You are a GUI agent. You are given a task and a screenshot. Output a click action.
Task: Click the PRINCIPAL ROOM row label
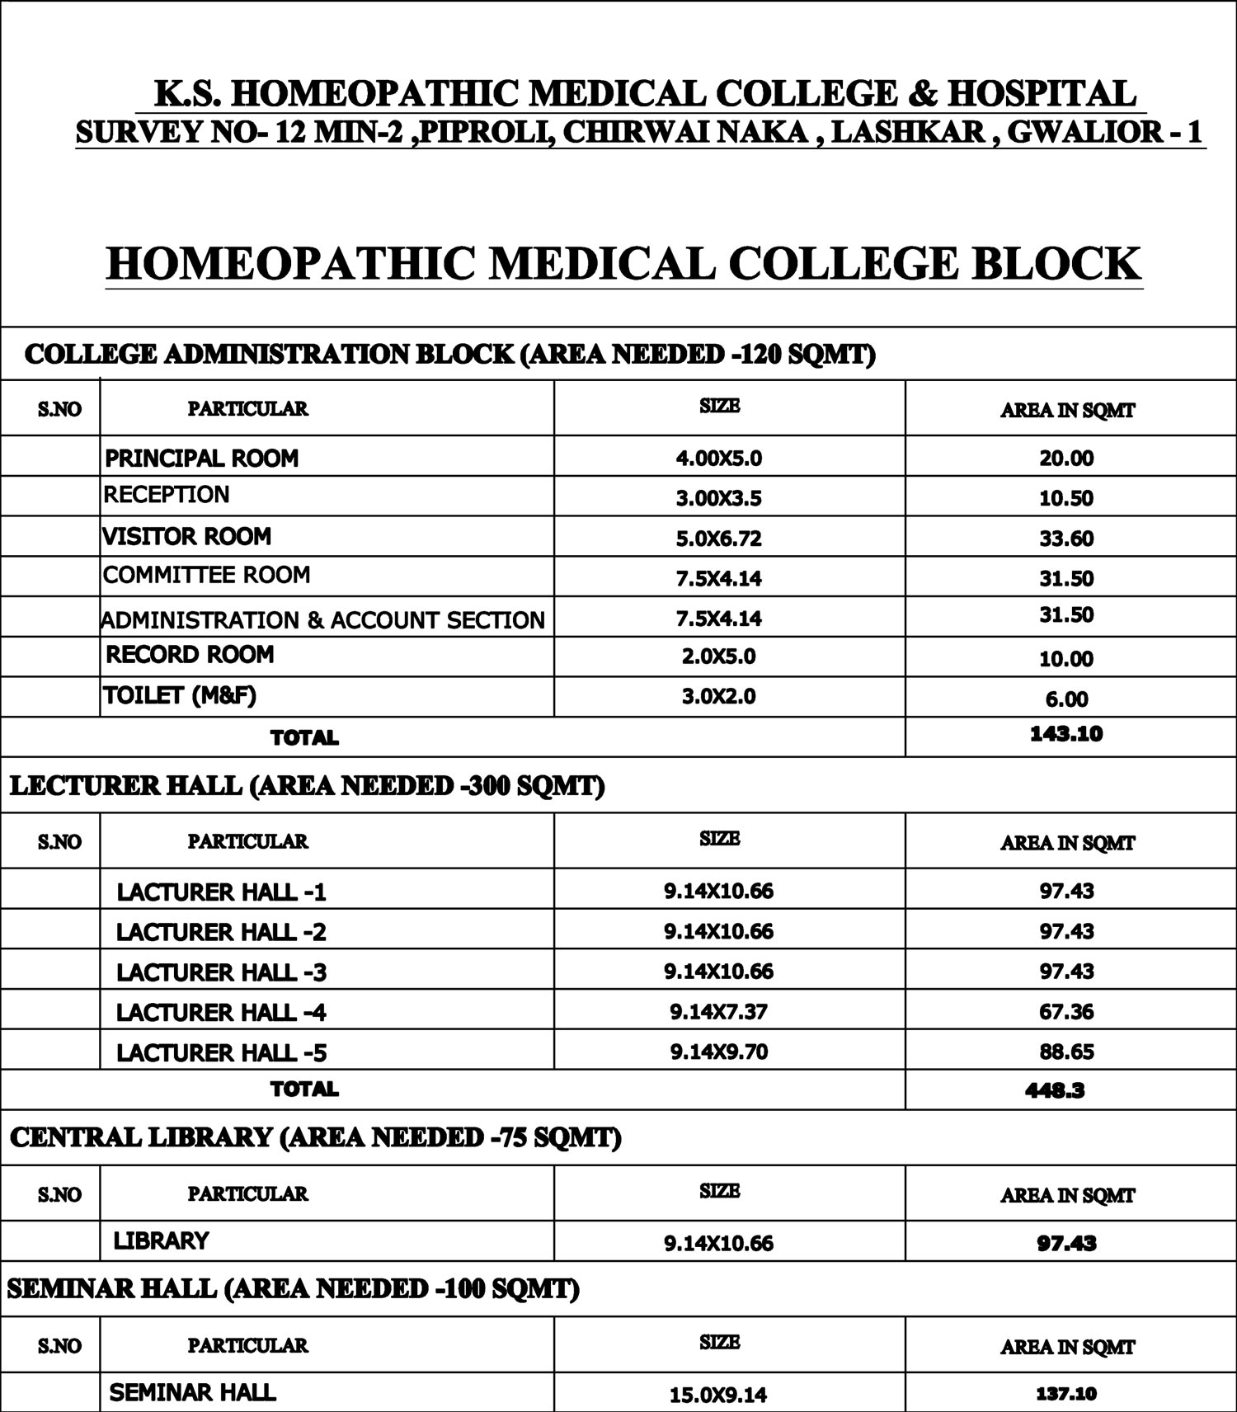coord(201,458)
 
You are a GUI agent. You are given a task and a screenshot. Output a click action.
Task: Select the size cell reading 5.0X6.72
coord(718,539)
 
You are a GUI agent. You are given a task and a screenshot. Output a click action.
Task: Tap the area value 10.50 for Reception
coord(1065,498)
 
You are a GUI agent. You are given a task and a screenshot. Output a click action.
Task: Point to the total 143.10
coord(1065,734)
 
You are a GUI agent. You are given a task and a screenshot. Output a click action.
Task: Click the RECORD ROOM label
coord(190,655)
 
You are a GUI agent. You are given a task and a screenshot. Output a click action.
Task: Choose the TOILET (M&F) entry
coord(179,695)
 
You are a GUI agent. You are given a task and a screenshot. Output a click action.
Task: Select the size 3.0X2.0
coord(718,697)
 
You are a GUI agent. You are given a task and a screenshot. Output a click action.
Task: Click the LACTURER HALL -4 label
coord(221,1012)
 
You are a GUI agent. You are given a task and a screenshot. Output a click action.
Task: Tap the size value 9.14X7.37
coord(718,1011)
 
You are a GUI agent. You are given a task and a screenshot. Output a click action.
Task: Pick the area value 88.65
coord(1065,1052)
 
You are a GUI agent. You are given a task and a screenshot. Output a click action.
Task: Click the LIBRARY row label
coord(161,1240)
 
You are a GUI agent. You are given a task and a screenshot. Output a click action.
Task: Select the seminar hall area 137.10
coord(1065,1394)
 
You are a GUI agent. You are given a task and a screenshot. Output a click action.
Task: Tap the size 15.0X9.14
coord(718,1395)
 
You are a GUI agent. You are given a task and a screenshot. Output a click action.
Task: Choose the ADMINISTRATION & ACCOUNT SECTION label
coord(322,619)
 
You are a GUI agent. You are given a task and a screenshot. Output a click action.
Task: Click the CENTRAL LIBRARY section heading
coord(315,1137)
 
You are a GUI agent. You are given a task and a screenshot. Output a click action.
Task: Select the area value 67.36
coord(1065,1011)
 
